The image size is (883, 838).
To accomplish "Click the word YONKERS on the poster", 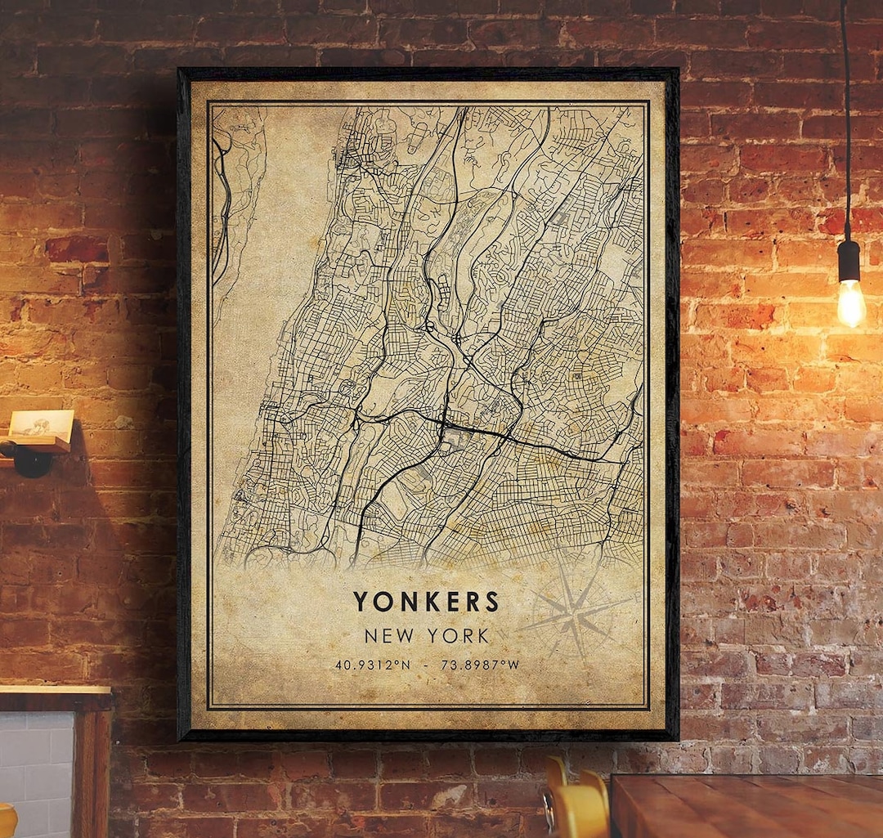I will point(425,602).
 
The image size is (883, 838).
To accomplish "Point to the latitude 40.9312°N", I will point(372,665).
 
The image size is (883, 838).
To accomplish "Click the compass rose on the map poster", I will point(577,609).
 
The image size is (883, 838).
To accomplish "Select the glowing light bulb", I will point(850,302).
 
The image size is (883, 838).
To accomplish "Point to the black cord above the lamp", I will point(845,123).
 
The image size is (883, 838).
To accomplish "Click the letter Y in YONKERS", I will point(361,602).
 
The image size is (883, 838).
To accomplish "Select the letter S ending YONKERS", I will point(492,602).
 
